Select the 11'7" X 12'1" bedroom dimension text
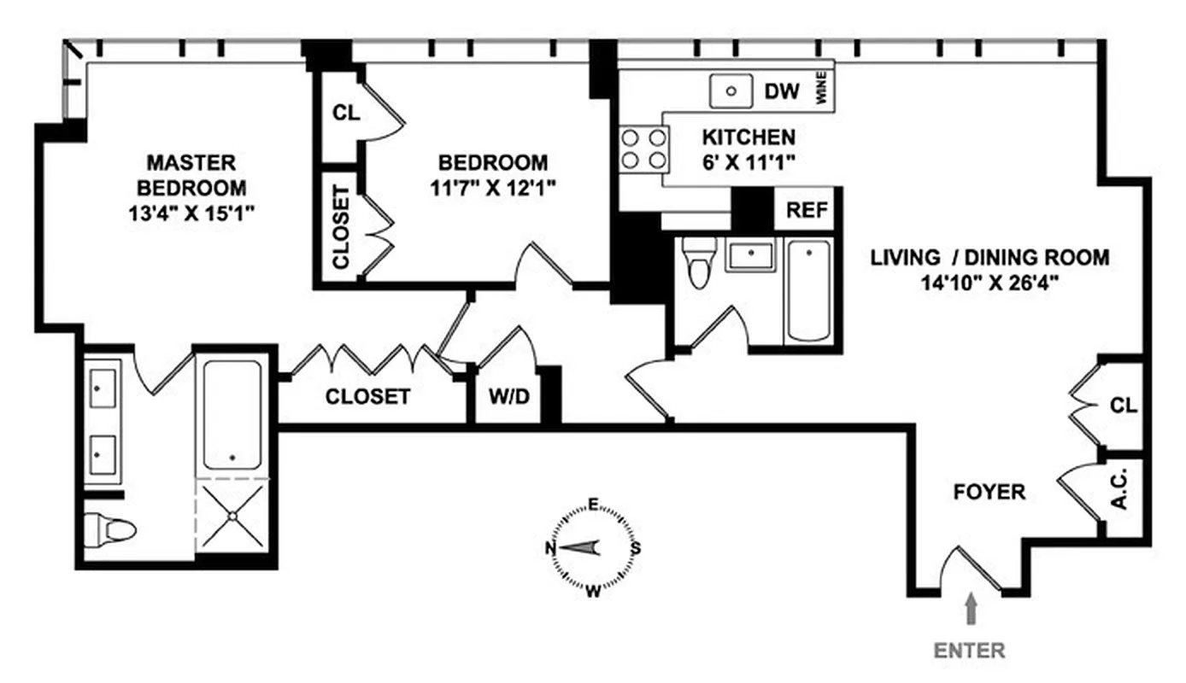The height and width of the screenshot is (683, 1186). pos(493,188)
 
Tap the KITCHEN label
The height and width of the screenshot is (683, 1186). pos(748,137)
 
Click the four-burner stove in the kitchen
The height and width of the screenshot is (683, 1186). pos(643,148)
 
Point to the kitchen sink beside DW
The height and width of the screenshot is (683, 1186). pos(731,90)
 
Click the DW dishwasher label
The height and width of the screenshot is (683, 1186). pos(782,91)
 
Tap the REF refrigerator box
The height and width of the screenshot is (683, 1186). pos(807,210)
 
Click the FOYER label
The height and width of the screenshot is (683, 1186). pos(989,493)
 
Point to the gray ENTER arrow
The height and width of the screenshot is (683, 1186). pos(970,612)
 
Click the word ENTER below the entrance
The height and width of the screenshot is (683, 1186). pos(969,651)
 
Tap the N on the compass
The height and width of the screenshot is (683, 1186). pos(552,548)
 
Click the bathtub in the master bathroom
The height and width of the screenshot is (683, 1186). pos(232,414)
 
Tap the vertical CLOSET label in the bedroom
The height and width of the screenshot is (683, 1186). pos(341,227)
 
